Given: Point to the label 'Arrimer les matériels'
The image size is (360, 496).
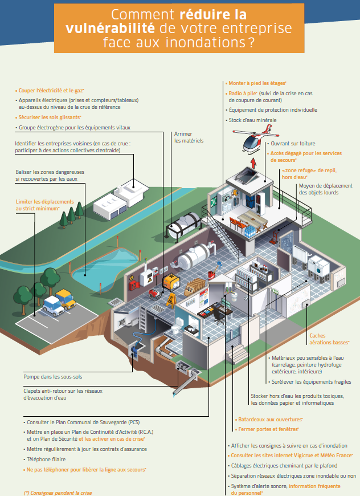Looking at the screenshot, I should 189,137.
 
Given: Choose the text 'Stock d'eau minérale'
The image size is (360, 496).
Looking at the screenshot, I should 252,120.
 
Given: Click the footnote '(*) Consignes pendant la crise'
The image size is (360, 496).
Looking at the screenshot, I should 57,492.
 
